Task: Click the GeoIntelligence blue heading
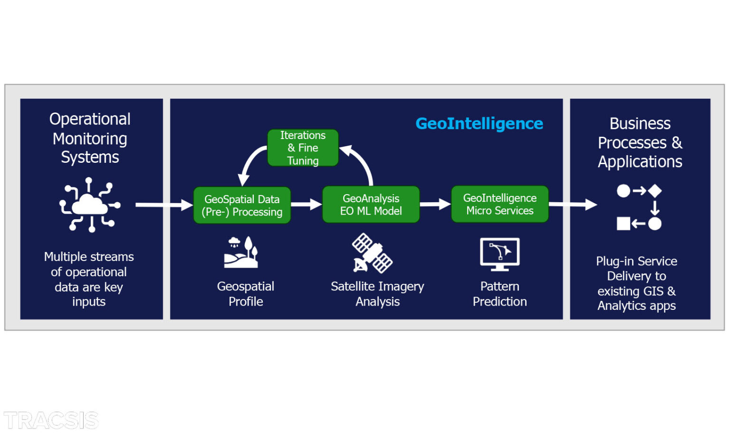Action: point(479,123)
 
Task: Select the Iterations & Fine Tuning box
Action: point(303,148)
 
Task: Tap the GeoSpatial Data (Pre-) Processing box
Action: point(242,205)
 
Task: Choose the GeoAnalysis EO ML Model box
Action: point(371,205)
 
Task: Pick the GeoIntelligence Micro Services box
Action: point(499,204)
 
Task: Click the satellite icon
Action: point(372,253)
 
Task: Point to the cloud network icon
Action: point(89,205)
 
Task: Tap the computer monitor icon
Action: point(499,254)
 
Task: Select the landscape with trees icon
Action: point(241,252)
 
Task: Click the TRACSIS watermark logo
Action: point(51,420)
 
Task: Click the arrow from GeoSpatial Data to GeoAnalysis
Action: point(306,205)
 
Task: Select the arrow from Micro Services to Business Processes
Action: point(573,205)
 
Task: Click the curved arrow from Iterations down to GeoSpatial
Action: point(251,164)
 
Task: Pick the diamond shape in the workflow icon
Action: point(655,191)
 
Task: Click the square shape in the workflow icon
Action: point(623,224)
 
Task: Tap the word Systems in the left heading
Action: point(90,157)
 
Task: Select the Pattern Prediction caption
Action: point(499,294)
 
